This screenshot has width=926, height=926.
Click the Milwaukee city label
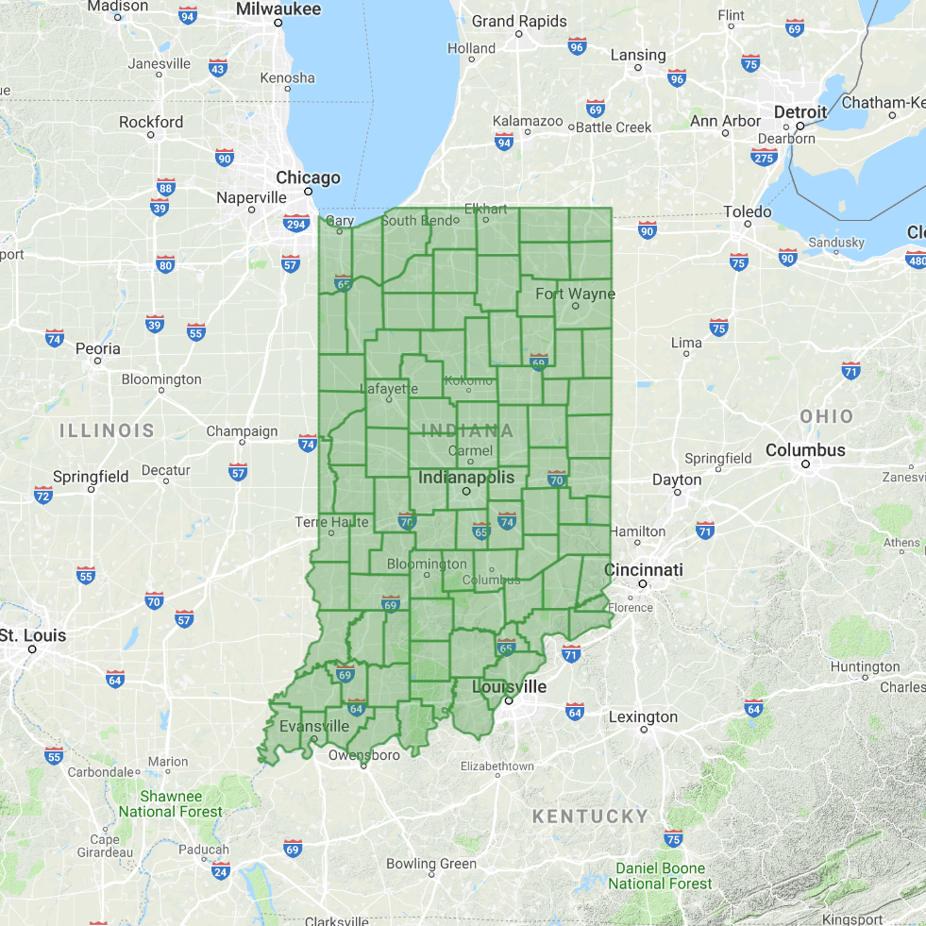coord(278,8)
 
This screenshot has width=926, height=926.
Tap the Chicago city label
coord(308,177)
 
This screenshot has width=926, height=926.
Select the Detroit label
coord(800,111)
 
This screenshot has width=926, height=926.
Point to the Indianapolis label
coord(466,477)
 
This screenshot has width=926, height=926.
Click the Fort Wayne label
coord(575,294)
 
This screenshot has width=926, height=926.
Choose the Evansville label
coord(314,727)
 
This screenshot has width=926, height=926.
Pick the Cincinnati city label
coord(644,570)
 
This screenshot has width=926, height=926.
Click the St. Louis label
coord(33,635)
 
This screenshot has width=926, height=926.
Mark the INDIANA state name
coord(467,431)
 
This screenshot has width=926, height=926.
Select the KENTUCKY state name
coord(590,817)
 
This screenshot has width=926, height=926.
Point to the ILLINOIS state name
coord(107,431)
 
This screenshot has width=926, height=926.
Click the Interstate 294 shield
coord(295,223)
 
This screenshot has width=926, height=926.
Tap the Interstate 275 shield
coord(764,157)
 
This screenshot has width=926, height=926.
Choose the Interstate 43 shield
coord(218,68)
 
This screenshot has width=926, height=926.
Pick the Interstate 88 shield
coord(166,186)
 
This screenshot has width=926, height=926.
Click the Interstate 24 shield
coord(221,870)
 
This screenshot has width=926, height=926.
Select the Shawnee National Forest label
coord(170,803)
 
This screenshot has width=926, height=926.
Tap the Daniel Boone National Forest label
coord(660,876)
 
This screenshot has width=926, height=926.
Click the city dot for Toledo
coord(748,226)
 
